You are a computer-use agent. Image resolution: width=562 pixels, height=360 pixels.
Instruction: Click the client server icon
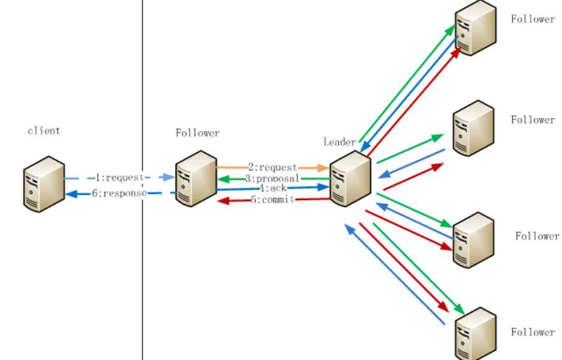(x=44, y=183)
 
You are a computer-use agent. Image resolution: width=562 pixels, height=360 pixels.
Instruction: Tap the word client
(x=44, y=131)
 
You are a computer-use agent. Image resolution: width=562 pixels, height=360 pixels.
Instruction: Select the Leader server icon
(x=350, y=180)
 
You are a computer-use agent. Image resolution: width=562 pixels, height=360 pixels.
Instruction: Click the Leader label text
(x=339, y=142)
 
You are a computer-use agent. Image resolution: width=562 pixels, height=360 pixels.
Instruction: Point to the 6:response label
(x=119, y=193)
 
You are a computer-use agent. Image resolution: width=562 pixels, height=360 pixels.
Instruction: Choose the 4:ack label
(x=272, y=188)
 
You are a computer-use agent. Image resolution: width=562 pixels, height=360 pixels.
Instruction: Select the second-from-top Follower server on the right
(x=473, y=128)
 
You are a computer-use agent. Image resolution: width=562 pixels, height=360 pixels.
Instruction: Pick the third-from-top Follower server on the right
(x=474, y=240)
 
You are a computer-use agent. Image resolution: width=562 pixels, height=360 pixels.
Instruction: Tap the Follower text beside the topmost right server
(x=533, y=19)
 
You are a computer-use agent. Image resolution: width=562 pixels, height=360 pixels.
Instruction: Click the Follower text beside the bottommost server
(x=533, y=332)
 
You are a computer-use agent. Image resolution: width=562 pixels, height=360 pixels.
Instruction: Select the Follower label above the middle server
(x=198, y=133)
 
